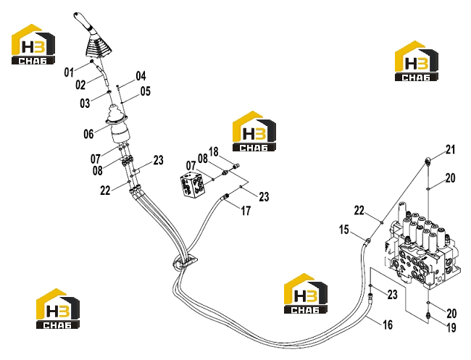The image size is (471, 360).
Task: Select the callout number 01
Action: (x=69, y=72)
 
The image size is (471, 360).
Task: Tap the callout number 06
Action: (x=88, y=133)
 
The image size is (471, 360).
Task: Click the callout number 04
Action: (x=141, y=76)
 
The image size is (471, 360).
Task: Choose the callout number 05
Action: (x=146, y=91)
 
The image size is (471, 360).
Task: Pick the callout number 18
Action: (x=214, y=152)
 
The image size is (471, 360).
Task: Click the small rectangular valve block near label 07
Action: (x=193, y=185)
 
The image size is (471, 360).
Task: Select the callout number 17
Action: (x=246, y=211)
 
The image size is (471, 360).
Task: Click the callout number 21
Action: (x=450, y=149)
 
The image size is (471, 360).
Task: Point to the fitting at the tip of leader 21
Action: (x=428, y=161)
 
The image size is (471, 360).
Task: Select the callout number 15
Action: (x=344, y=230)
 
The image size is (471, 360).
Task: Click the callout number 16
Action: (x=388, y=325)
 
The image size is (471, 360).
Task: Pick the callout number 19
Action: (x=451, y=327)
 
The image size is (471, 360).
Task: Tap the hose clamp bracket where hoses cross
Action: (x=185, y=261)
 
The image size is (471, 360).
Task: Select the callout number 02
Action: (x=80, y=85)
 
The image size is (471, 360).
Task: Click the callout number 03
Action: (x=85, y=104)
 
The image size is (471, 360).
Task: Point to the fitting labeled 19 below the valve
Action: (x=428, y=315)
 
